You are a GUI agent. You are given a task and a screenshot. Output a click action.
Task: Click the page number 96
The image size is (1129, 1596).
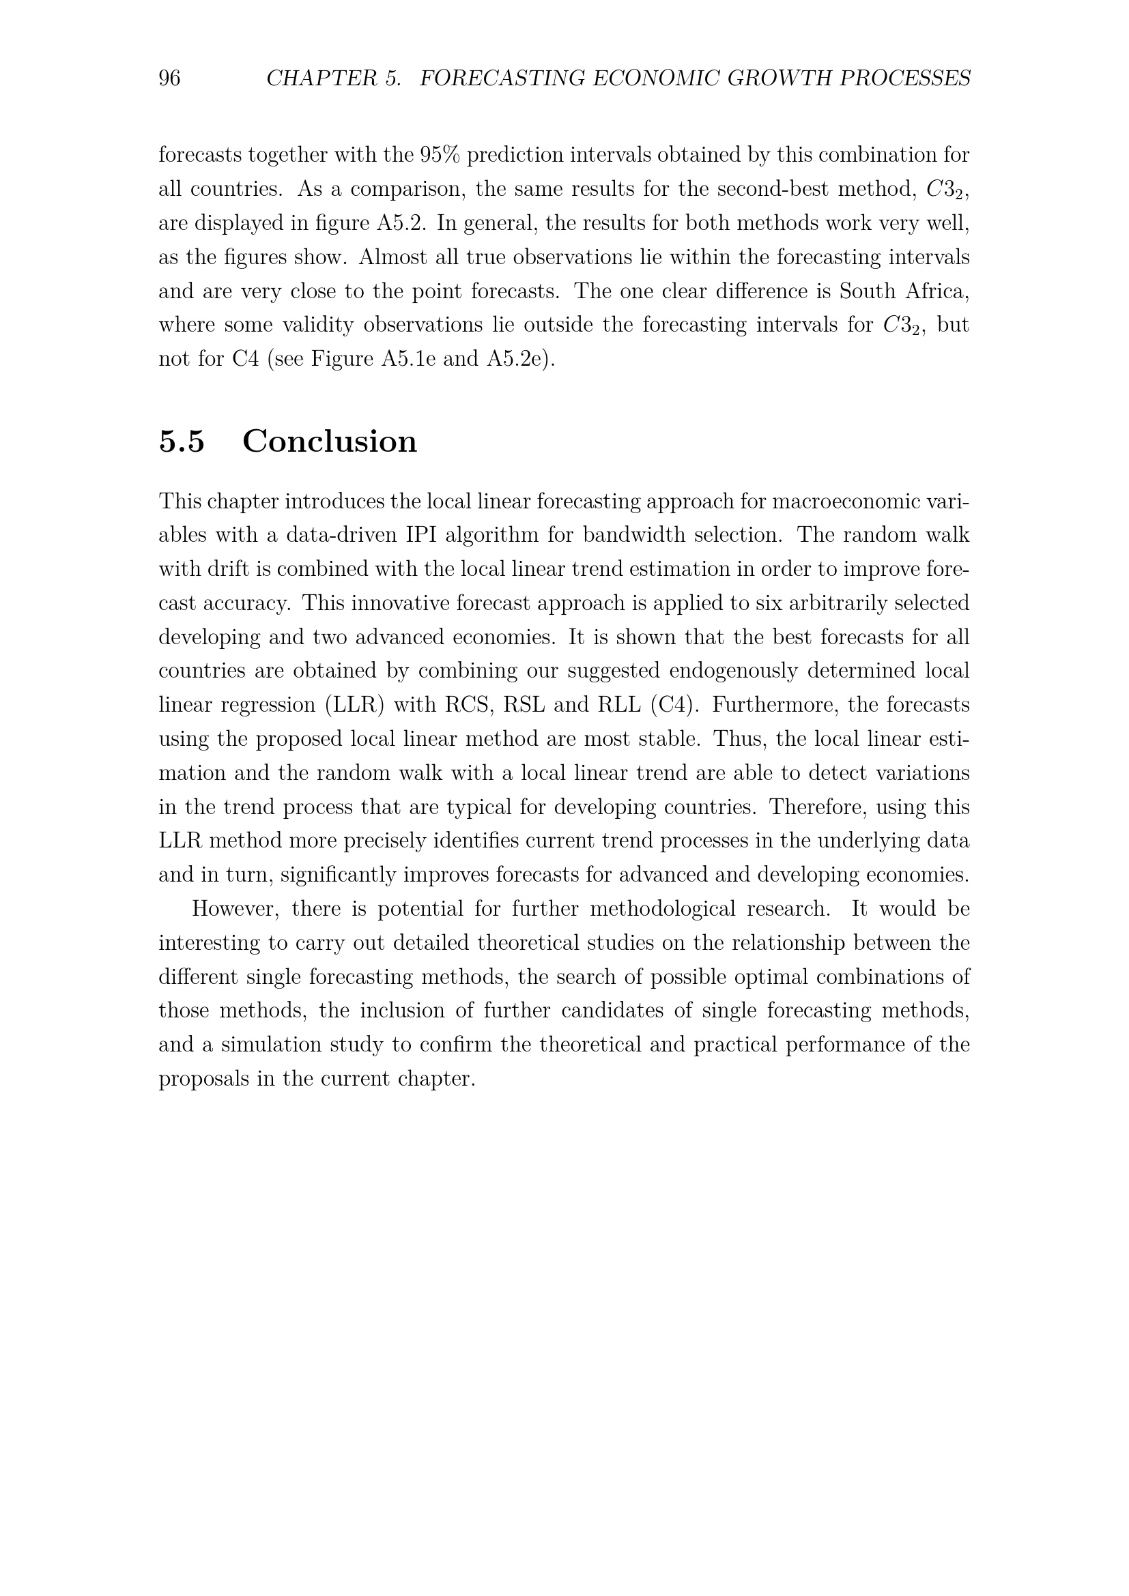click(170, 78)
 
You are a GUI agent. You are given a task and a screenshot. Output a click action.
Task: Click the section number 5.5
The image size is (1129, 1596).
click(182, 441)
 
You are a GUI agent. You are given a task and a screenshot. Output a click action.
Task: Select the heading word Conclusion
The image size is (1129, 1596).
click(330, 441)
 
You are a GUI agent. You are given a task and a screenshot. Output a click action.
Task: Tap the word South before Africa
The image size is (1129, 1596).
click(866, 291)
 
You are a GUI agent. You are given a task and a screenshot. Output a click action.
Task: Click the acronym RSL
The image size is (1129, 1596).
click(524, 706)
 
